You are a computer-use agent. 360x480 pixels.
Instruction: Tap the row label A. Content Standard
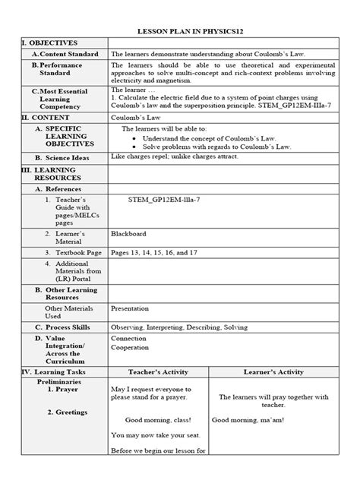click(65, 55)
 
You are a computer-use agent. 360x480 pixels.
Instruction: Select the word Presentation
click(130, 309)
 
